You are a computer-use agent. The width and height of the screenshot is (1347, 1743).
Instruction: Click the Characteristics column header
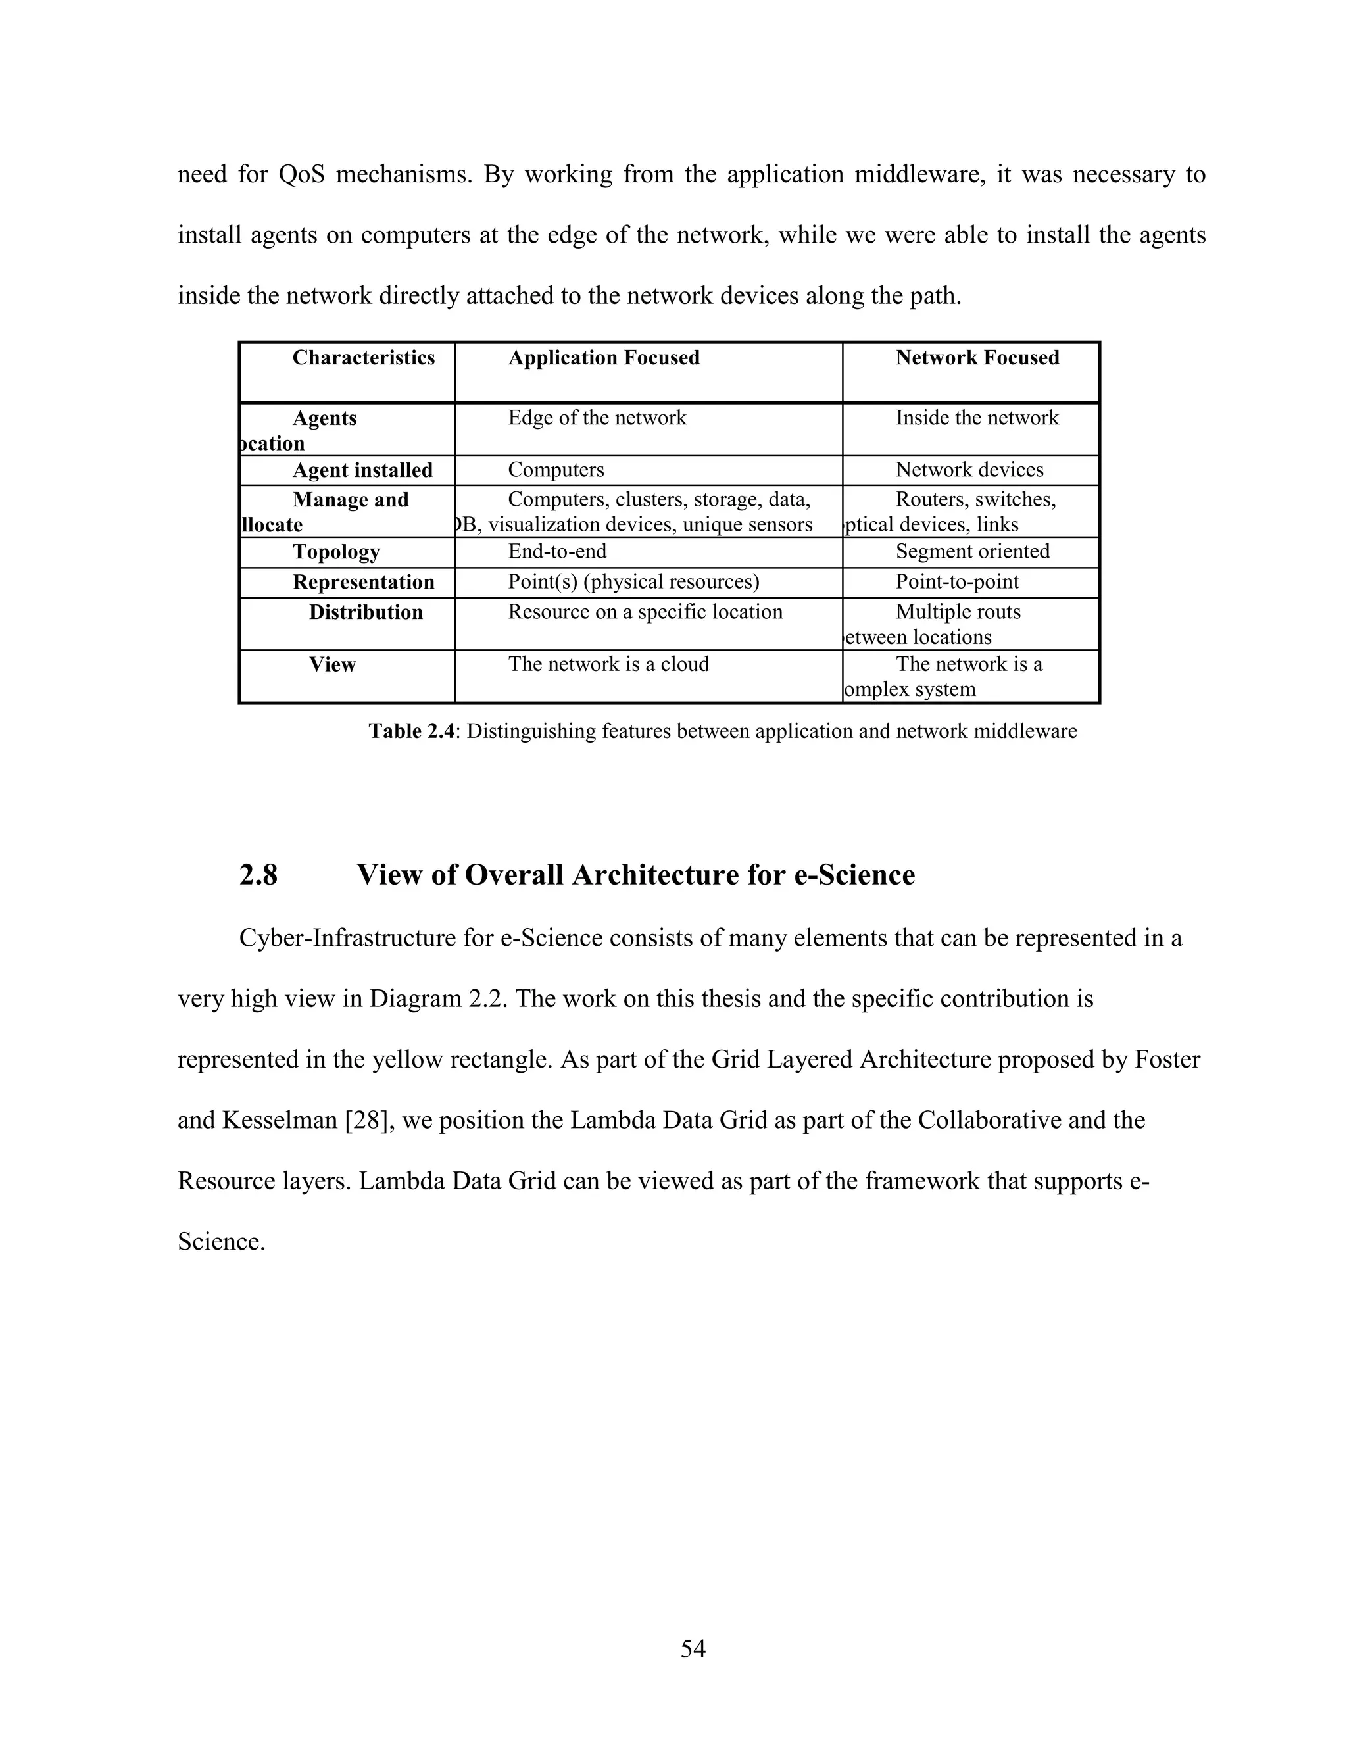click(x=363, y=358)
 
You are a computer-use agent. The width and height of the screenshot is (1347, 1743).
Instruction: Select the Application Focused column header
click(x=603, y=358)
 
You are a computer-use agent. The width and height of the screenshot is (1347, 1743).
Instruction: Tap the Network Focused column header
click(x=977, y=358)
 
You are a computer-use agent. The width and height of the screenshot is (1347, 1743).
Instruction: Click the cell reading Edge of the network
click(x=597, y=418)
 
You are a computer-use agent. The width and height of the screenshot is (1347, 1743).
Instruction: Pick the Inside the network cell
click(x=977, y=418)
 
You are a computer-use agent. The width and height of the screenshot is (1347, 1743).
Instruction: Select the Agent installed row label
click(x=362, y=470)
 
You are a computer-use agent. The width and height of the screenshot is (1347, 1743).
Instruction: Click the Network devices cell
click(x=969, y=470)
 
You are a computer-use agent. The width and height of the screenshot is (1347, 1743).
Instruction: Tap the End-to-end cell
click(x=557, y=551)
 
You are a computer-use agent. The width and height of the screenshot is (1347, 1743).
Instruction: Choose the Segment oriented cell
click(x=972, y=551)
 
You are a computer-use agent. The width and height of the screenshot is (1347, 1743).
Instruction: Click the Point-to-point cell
click(x=957, y=582)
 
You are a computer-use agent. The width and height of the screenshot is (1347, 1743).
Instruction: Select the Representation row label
click(x=363, y=582)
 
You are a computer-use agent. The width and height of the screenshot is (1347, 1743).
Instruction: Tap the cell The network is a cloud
click(x=608, y=664)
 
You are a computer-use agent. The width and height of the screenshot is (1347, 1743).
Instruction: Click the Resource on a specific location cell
click(x=645, y=612)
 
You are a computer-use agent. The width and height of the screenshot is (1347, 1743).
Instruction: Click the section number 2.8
click(x=258, y=875)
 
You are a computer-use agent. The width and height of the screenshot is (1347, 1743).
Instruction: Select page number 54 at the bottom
click(x=693, y=1648)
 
